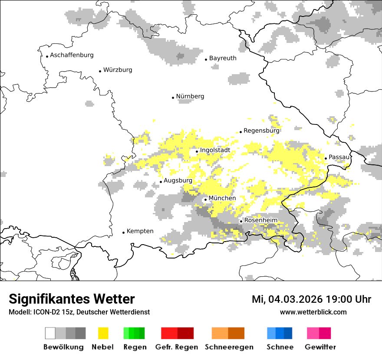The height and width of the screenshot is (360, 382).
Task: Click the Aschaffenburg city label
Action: point(72,55)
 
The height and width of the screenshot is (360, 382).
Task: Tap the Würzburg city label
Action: point(118,70)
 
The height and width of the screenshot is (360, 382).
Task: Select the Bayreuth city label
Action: point(223,58)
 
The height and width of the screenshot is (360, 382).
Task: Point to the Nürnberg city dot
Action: point(173,98)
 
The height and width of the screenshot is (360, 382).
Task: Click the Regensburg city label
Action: point(261,131)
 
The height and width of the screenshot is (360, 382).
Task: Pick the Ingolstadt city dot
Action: point(197,151)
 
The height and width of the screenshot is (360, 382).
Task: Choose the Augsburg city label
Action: point(178,180)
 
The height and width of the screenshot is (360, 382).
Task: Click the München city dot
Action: point(205,200)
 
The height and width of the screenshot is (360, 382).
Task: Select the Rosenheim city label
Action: point(260,220)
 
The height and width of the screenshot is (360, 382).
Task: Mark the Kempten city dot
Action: point(123,232)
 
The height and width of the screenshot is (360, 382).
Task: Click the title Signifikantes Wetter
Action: point(72,299)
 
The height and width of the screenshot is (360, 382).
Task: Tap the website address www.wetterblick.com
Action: point(313,312)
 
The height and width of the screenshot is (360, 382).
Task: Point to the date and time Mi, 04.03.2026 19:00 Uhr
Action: point(311,299)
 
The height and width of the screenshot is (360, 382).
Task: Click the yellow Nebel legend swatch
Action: point(103,333)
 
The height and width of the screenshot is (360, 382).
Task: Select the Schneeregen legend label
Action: point(229,347)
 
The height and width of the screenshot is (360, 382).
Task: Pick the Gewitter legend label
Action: point(320,347)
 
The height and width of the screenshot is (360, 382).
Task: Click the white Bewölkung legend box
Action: point(50,333)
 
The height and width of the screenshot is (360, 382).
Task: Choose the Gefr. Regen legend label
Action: point(177,347)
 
